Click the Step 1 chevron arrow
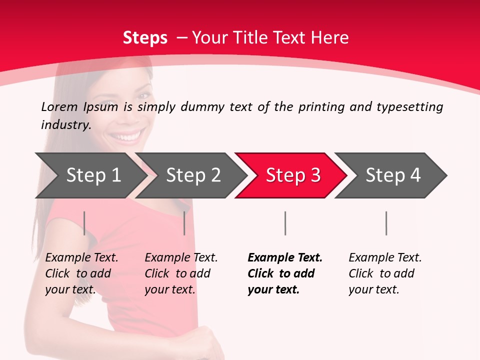tap(90, 175)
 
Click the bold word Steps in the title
tap(145, 38)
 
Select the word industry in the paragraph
tap(65, 125)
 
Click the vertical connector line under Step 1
tap(84, 223)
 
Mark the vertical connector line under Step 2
tap(184, 223)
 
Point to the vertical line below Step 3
tap(285, 223)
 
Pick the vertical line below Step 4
tap(386, 223)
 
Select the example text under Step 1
tap(81, 273)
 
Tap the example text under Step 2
tap(180, 273)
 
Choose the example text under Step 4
tap(384, 273)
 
